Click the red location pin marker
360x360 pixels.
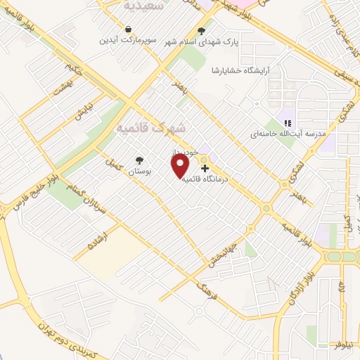(180, 166)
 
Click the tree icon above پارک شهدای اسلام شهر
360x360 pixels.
(202, 31)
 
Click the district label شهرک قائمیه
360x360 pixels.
(150, 129)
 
